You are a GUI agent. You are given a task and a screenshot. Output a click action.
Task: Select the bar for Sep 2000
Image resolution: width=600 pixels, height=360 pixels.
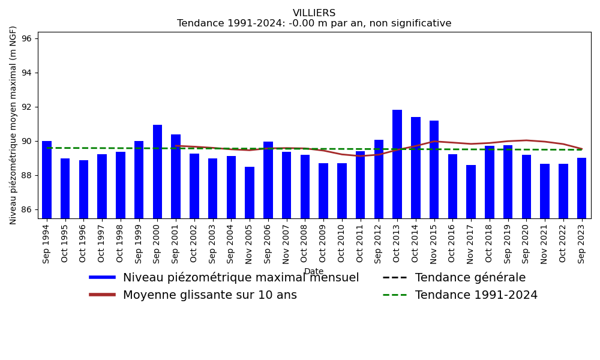tap(157, 171)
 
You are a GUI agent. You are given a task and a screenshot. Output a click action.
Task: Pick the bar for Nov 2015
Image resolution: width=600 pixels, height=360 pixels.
tap(434, 169)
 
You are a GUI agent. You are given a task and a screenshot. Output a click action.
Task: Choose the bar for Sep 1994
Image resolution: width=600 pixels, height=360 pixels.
tap(47, 179)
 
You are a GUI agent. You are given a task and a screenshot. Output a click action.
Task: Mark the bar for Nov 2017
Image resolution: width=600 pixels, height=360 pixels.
tap(471, 191)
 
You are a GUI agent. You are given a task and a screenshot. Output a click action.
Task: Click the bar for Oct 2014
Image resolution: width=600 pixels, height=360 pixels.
tap(416, 167)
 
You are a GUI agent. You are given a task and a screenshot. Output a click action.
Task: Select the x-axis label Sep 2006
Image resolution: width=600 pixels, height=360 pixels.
tap(268, 241)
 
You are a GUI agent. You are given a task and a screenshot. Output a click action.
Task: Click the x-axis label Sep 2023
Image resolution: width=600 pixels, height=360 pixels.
tap(582, 241)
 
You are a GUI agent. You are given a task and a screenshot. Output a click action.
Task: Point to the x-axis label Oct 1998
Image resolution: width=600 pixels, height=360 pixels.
tap(121, 241)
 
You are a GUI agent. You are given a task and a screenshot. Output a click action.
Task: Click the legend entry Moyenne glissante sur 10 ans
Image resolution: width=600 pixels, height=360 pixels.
tap(209, 295)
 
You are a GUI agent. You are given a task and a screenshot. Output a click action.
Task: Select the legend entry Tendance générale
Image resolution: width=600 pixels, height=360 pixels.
tap(470, 278)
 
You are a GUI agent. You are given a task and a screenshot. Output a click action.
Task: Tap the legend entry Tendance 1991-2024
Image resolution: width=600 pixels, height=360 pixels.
tap(476, 295)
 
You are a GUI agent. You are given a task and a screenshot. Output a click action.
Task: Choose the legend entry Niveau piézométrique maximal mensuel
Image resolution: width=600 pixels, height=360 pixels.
tap(241, 278)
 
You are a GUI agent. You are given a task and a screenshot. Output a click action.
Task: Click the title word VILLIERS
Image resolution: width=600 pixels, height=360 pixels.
tap(314, 13)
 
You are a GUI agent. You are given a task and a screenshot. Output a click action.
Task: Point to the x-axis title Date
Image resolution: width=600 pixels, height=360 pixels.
tap(314, 272)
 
